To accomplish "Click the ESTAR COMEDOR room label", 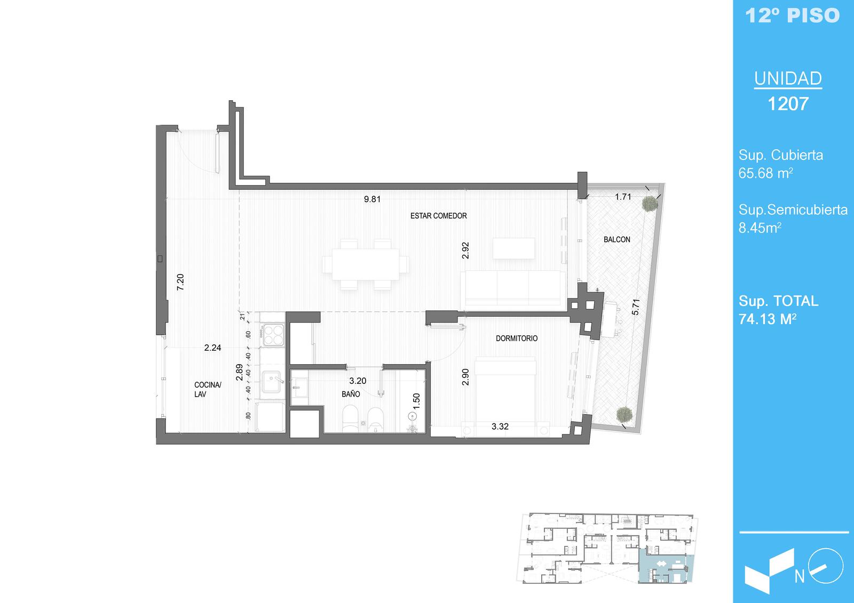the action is tap(438, 215).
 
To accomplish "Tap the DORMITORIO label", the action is tap(517, 338).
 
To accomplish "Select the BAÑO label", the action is tap(351, 394).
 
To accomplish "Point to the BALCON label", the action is tap(617, 239).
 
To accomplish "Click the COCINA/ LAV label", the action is tap(208, 389).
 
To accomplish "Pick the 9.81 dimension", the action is tap(372, 199).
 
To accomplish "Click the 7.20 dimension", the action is tap(180, 282).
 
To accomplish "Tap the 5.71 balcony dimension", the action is tap(636, 307).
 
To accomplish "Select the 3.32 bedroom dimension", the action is tap(500, 426).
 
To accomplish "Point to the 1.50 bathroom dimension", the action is tap(416, 401).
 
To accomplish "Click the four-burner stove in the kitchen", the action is tap(273, 335).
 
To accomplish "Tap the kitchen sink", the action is tap(272, 382).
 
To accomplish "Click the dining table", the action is tap(366, 264).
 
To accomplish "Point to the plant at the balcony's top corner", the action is tap(649, 204).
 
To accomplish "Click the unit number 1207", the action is tap(788, 103).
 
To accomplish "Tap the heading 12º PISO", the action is tap(793, 15).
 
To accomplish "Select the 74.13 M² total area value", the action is tap(768, 319).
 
